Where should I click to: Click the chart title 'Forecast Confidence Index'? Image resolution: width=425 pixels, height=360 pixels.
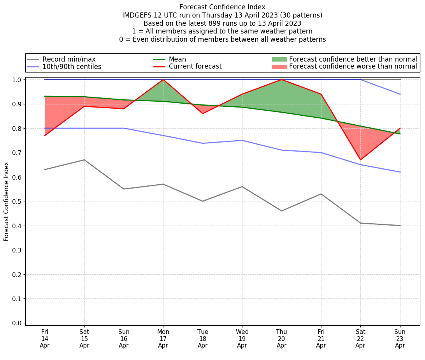[x=222, y=7]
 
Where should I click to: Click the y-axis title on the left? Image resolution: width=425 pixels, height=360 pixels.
[x=6, y=201]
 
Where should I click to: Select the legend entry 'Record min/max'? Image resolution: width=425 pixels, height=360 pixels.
[x=69, y=59]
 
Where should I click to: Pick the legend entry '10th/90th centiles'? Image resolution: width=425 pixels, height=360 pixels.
[x=72, y=67]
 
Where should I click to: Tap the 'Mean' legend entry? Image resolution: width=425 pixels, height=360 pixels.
[x=177, y=59]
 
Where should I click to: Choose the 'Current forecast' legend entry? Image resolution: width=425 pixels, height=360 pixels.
[x=195, y=67]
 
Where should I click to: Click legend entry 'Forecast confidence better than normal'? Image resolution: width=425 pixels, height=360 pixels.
[x=353, y=59]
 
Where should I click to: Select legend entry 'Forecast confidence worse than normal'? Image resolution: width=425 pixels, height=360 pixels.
[x=353, y=67]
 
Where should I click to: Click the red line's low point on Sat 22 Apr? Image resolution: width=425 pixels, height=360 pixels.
[x=360, y=160]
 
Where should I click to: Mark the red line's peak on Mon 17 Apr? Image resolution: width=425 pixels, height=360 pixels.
[x=163, y=79]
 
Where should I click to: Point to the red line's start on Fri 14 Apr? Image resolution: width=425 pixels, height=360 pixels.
[x=45, y=136]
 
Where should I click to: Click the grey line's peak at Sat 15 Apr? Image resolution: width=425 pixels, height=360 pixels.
[x=84, y=160]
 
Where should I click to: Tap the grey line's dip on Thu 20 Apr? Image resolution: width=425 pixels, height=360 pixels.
[x=281, y=211]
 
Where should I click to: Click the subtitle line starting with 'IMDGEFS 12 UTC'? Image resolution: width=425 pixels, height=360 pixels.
[x=222, y=15]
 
